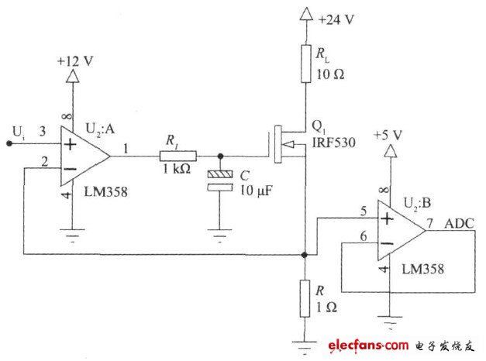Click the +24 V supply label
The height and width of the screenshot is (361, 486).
pyautogui.click(x=336, y=19)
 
